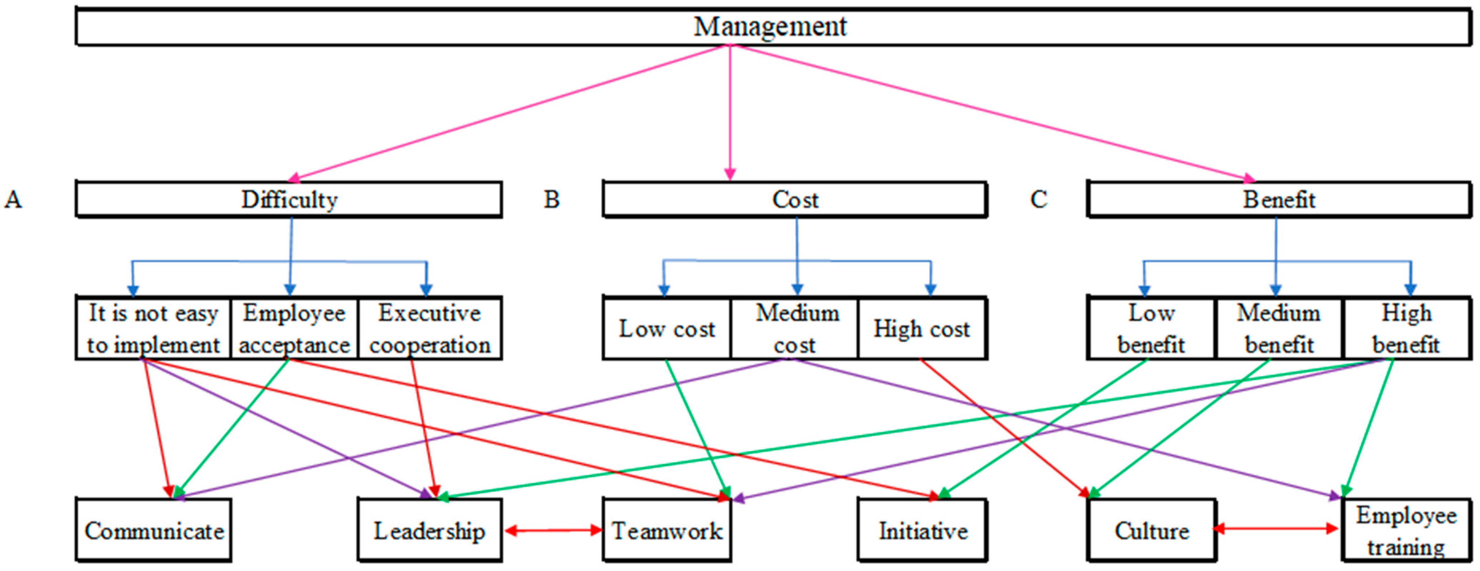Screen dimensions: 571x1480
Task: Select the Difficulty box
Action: coord(289,200)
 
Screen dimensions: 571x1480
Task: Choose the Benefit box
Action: coord(1279,200)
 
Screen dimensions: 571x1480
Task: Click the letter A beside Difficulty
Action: coord(13,200)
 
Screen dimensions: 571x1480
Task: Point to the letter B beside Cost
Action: coord(552,200)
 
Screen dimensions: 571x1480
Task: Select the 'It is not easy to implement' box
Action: coord(153,328)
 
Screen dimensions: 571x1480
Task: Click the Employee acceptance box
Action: coord(294,328)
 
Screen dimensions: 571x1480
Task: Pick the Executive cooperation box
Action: coord(430,328)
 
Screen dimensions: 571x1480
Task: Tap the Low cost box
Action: coord(667,328)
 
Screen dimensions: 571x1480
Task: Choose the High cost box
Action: coord(922,328)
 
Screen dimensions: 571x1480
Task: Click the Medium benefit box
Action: coord(1279,328)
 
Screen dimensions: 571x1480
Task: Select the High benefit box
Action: coord(1407,328)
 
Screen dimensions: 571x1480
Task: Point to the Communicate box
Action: coord(154,530)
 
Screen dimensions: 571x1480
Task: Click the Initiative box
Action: coord(923,530)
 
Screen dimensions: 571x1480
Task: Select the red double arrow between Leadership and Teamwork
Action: coord(553,530)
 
